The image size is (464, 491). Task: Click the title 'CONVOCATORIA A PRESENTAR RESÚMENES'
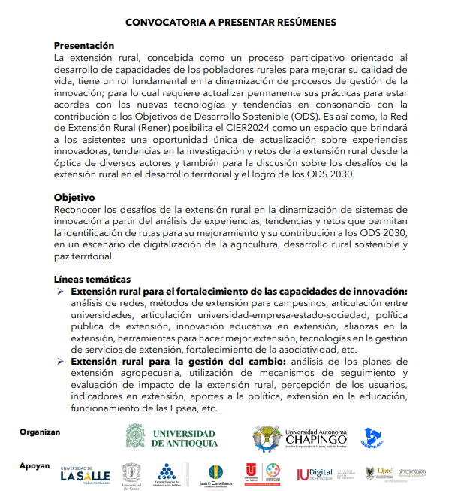click(x=231, y=23)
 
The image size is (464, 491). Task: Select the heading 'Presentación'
click(x=84, y=46)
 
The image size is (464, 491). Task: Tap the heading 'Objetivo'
click(x=74, y=197)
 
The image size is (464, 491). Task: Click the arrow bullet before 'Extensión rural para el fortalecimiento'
click(x=62, y=291)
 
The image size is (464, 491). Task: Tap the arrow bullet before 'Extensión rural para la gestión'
click(x=62, y=361)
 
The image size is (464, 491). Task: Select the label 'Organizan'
click(x=40, y=432)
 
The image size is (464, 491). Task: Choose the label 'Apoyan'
click(x=35, y=466)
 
